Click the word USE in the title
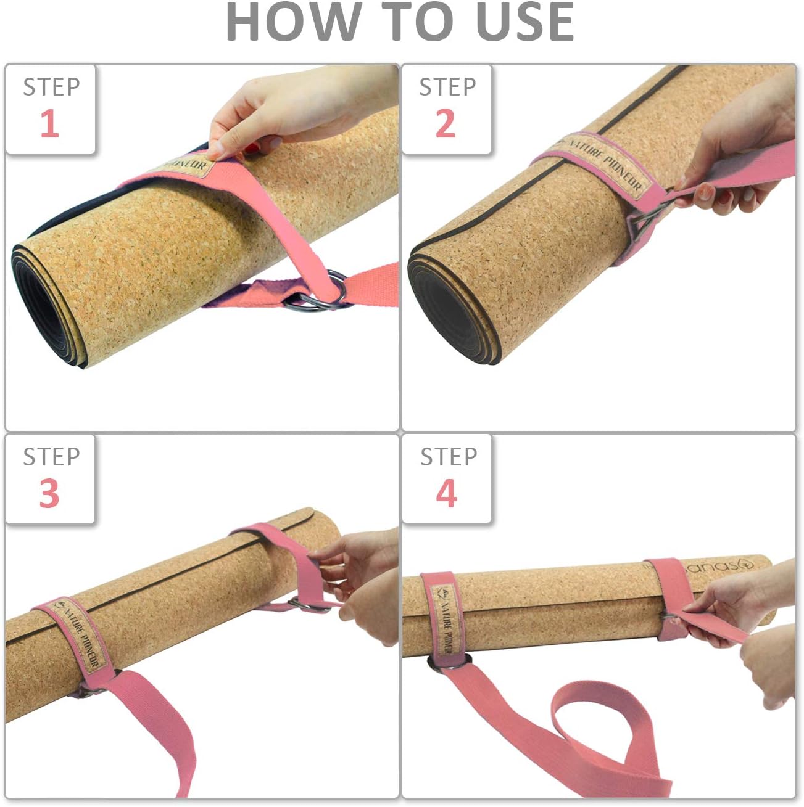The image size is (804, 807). (525, 22)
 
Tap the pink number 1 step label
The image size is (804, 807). (49, 123)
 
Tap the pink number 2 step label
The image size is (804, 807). (446, 123)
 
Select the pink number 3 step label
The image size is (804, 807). (49, 493)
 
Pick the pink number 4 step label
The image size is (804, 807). (446, 493)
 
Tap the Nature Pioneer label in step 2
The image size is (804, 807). (605, 165)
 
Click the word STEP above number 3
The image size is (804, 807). (51, 457)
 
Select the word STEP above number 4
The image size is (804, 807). (449, 457)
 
